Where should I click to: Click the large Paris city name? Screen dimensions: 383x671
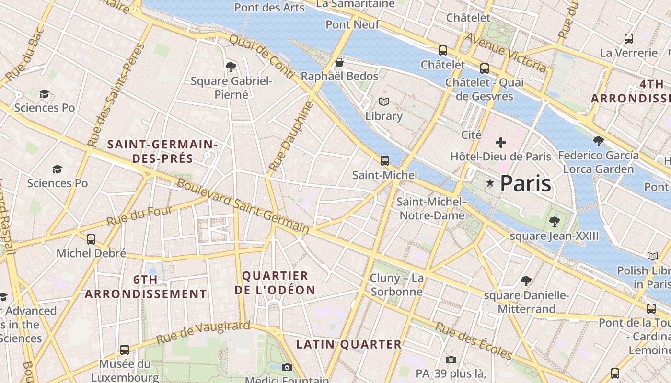tap(525, 184)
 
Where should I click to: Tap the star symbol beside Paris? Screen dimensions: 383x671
tap(490, 183)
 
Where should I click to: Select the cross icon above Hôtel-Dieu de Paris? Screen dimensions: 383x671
tap(501, 142)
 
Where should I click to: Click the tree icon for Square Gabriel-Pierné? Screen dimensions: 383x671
tap(231, 67)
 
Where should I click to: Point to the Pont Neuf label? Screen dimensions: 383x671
tap(352, 24)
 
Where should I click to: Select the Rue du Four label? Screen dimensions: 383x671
tap(139, 216)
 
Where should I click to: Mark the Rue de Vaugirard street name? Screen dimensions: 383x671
tap(203, 332)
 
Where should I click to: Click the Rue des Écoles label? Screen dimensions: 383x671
tap(473, 341)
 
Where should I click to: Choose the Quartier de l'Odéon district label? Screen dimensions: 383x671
tap(275, 283)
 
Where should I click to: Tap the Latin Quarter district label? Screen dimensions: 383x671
tap(348, 344)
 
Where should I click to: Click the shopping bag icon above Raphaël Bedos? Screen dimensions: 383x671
tap(339, 62)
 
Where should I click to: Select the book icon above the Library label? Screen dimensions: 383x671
tap(384, 101)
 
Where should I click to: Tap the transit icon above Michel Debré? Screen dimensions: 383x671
tap(91, 239)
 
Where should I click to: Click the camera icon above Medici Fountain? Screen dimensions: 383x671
tap(287, 367)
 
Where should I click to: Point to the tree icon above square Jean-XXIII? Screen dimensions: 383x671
tap(555, 221)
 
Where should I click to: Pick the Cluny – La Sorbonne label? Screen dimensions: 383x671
tap(396, 285)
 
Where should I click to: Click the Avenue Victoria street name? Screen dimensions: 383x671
tap(506, 53)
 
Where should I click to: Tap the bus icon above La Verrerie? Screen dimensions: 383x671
tap(629, 39)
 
